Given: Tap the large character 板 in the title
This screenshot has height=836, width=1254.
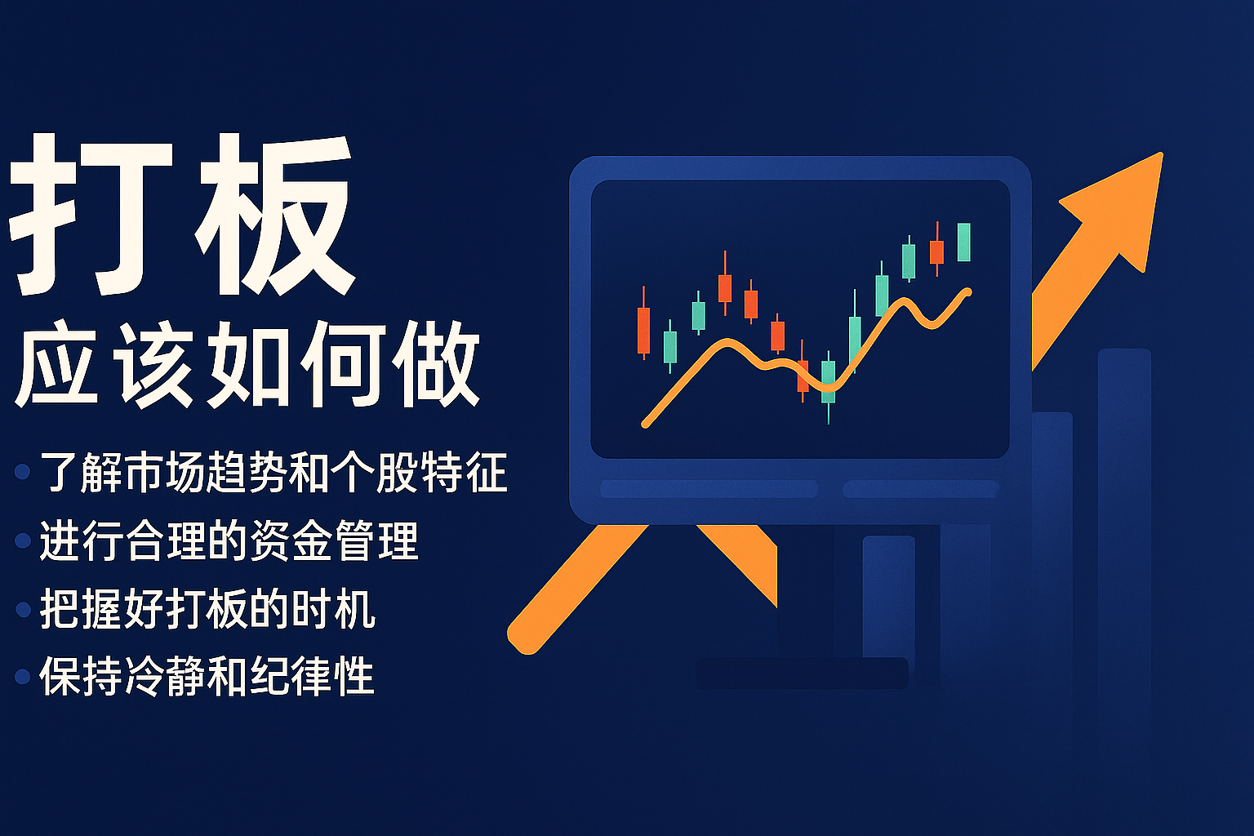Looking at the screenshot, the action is tap(274, 215).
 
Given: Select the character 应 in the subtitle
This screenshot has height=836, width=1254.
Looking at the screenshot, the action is tap(56, 364).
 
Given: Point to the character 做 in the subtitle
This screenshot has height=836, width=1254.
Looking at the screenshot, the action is tap(436, 364).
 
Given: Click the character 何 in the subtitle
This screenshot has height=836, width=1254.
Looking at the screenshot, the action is tap(343, 364).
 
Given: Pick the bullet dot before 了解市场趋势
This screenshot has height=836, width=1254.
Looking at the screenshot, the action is tap(22, 472).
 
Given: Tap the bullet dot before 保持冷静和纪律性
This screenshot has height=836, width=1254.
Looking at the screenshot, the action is tap(22, 677).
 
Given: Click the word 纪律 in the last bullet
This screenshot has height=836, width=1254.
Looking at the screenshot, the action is tap(291, 677).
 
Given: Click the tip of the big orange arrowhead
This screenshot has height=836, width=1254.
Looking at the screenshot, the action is tap(1163, 153).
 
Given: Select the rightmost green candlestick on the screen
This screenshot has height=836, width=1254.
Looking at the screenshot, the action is tap(963, 242).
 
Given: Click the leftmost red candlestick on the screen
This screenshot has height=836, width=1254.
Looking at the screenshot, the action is tap(644, 323).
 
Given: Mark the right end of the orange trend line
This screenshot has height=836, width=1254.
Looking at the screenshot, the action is tap(968, 291).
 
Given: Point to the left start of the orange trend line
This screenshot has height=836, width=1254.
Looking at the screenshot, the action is tap(645, 424).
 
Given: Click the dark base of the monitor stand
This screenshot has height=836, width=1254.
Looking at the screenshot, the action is tap(802, 673).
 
